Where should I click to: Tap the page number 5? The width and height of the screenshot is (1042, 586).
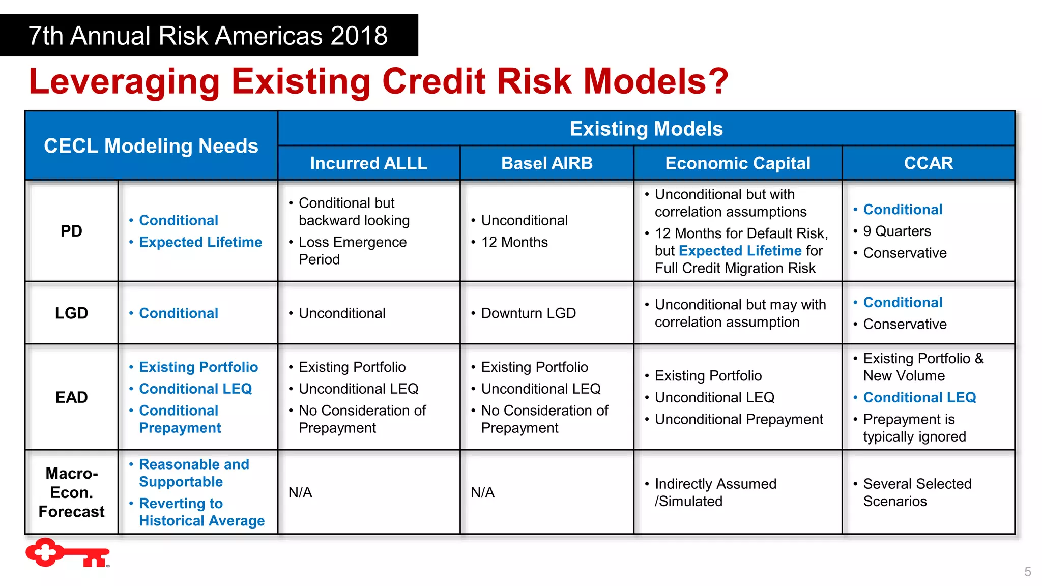(1027, 572)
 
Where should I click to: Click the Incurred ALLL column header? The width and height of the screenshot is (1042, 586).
(368, 163)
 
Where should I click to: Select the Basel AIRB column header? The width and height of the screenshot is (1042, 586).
(546, 163)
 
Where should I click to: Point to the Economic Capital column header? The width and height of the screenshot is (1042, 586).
(737, 163)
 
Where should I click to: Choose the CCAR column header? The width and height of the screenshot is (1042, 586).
(928, 163)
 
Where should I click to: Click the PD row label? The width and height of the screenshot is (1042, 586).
(71, 231)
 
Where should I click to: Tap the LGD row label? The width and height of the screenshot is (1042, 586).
(71, 313)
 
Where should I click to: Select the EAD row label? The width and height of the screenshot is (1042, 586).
(71, 397)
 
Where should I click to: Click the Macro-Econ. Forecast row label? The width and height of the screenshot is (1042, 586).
(71, 492)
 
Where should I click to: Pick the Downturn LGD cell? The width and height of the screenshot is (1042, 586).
(528, 313)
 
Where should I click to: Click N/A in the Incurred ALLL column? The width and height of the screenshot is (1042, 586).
(300, 492)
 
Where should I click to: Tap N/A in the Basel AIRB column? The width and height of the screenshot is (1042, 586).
(482, 492)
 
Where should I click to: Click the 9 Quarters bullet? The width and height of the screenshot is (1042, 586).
(896, 231)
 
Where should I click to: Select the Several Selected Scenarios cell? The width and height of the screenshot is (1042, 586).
(917, 492)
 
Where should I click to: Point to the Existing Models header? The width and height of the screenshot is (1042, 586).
(646, 129)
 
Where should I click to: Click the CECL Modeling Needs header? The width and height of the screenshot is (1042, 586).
(151, 146)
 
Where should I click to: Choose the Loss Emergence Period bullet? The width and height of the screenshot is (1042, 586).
(352, 251)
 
